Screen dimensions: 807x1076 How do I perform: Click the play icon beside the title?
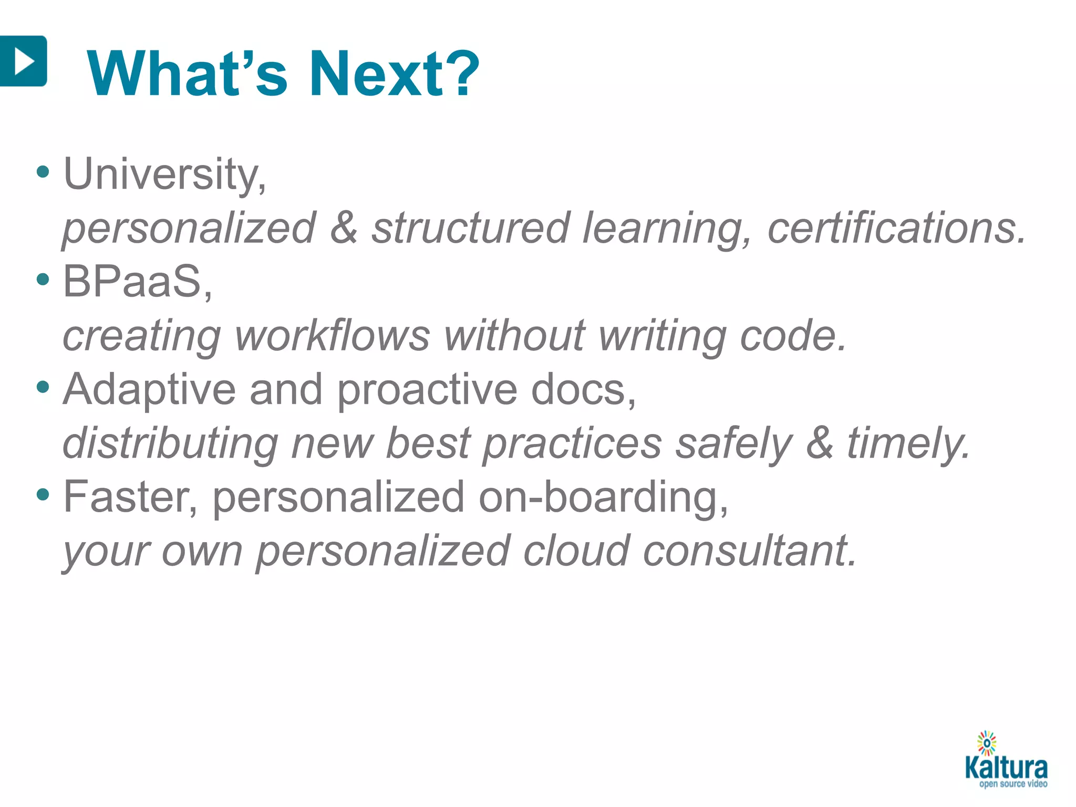23,61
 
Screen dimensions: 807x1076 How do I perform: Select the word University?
164,174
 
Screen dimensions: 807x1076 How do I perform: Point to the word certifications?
896,229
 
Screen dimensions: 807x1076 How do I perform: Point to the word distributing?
170,444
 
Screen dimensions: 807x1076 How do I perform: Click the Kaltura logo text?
1006,768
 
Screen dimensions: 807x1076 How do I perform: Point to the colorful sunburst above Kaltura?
987,743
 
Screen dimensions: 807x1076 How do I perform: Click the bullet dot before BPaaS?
43,280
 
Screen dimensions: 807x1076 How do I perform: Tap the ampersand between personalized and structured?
344,228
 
